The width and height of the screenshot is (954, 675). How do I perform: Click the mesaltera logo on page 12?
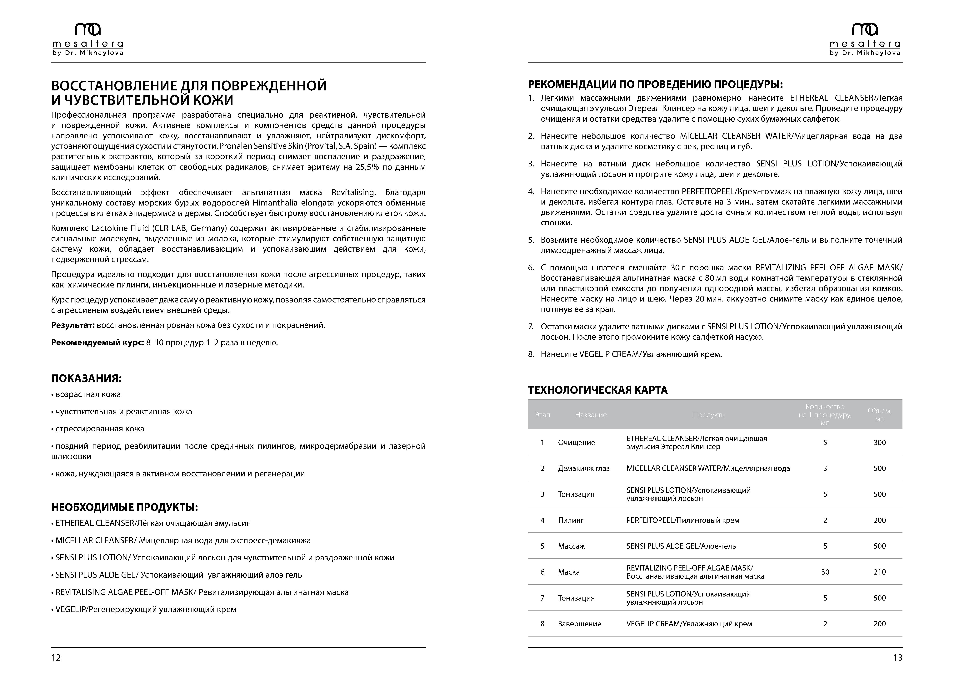coord(88,39)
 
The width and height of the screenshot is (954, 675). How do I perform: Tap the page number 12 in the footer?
coord(56,657)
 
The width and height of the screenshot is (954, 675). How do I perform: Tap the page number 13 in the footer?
coord(897,657)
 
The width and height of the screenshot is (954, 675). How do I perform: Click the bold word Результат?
coord(73,325)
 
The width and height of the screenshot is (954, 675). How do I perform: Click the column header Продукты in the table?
coord(709,415)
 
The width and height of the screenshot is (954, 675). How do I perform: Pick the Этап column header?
coord(542,415)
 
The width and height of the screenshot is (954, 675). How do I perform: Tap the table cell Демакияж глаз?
coord(583,468)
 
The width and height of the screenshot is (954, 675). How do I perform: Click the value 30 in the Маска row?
coord(825,572)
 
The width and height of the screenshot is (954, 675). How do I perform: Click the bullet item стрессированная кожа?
coord(100,429)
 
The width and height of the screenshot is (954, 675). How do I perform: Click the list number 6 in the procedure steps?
coord(531,268)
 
